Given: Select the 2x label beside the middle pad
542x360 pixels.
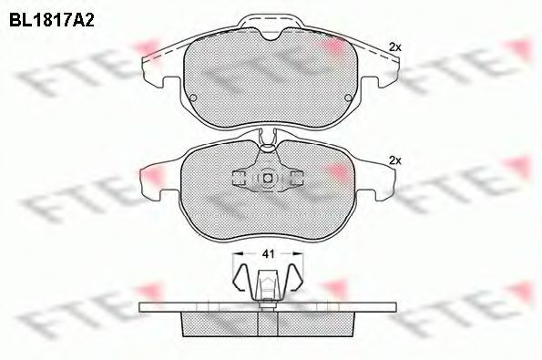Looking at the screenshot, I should click(x=394, y=159).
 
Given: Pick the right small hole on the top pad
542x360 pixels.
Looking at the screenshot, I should click(x=346, y=98).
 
